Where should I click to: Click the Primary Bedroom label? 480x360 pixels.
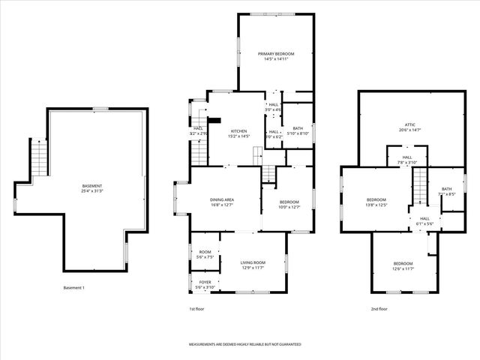[276, 56]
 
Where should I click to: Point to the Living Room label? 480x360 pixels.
[253, 265]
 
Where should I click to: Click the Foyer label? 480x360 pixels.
[205, 284]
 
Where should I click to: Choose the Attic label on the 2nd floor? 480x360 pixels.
[409, 127]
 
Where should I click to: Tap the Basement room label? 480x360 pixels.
[93, 188]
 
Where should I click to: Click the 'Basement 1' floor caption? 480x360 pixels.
[75, 288]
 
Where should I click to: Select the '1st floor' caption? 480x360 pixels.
[196, 309]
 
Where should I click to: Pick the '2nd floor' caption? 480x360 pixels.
[379, 309]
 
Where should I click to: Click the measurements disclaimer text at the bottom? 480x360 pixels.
[244, 344]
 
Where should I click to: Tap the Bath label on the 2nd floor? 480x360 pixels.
[446, 191]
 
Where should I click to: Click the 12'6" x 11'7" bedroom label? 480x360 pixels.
[403, 265]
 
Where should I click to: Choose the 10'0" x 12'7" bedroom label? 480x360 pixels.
[289, 204]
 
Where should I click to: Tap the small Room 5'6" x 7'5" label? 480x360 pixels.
[205, 254]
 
